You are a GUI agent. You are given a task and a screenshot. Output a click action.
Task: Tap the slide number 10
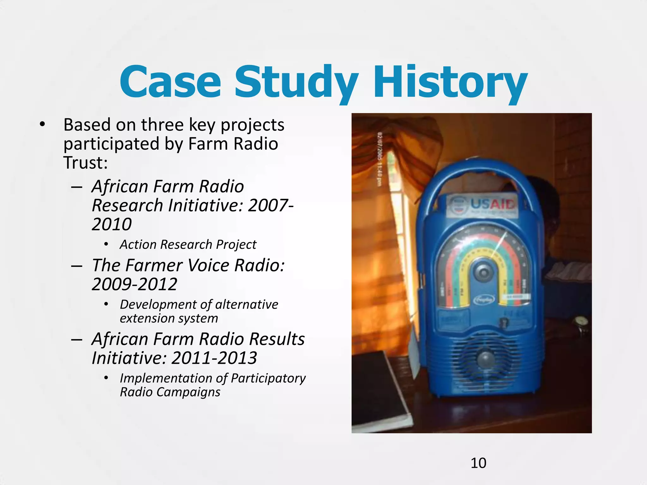(478, 463)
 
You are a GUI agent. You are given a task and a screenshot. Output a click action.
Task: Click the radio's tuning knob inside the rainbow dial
(482, 272)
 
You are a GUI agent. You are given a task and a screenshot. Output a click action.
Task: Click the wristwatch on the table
(581, 323)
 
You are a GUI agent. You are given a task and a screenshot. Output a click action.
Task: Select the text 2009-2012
(135, 284)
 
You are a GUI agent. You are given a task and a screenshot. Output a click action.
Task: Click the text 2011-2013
(214, 358)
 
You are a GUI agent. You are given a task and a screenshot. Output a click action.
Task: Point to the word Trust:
(86, 163)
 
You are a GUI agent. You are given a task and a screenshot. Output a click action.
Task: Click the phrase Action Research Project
(188, 244)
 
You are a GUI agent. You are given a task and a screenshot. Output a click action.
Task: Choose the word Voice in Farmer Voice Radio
(208, 265)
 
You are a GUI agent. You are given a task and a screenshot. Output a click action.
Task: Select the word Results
(277, 339)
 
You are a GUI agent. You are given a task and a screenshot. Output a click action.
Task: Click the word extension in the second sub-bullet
(144, 318)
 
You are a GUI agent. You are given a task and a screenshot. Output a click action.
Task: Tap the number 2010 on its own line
(112, 224)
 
